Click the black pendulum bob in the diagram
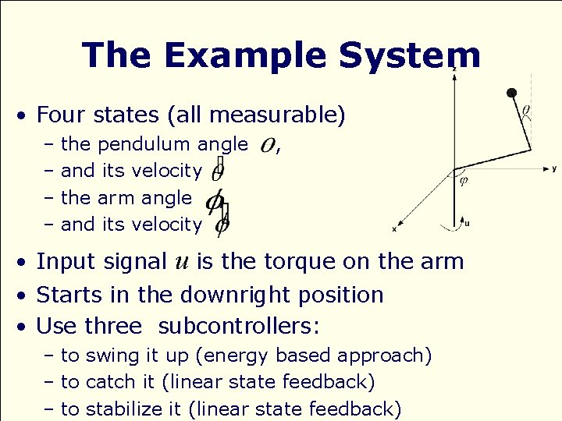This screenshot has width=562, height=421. coord(512,94)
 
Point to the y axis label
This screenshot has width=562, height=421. coord(553,168)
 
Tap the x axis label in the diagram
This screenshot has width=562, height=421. coord(394,229)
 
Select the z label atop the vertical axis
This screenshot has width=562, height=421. coord(454,69)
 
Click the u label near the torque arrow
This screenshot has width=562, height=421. coord(468,223)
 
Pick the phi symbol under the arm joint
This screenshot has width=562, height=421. coord(464,182)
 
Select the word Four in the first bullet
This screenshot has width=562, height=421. coord(62,115)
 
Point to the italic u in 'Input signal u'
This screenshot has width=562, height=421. coord(180,262)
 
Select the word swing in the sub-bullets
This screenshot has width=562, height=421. coord(110,356)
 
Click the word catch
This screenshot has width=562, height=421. coord(109,382)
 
